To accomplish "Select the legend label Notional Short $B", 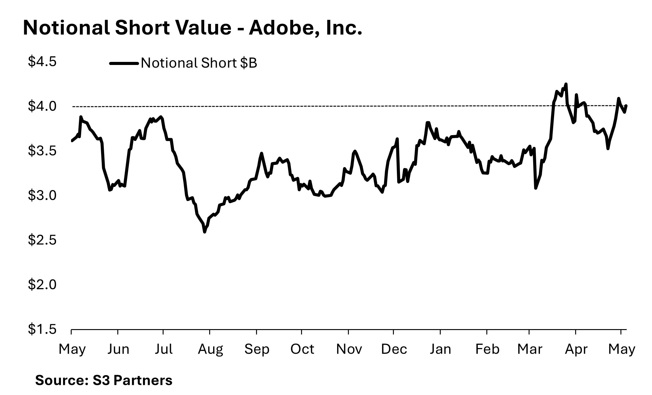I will pyautogui.click(x=199, y=63).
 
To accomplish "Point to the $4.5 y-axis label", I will pyautogui.click(x=42, y=62).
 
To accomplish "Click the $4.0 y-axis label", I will pyautogui.click(x=42, y=106).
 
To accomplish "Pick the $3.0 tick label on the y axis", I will pyautogui.click(x=42, y=196).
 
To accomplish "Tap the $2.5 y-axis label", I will pyautogui.click(x=42, y=240).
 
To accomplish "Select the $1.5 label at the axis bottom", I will pyautogui.click(x=42, y=329).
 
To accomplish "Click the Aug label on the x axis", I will pyautogui.click(x=210, y=349).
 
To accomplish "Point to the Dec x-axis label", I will pyautogui.click(x=394, y=349).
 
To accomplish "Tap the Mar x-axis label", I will pyautogui.click(x=530, y=349).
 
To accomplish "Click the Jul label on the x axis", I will pyautogui.click(x=164, y=349).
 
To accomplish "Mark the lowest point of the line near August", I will pyautogui.click(x=205, y=232).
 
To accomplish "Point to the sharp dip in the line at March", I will pyautogui.click(x=535, y=188).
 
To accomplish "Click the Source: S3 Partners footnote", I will pyautogui.click(x=104, y=380).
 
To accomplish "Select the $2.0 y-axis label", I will pyautogui.click(x=42, y=285).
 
